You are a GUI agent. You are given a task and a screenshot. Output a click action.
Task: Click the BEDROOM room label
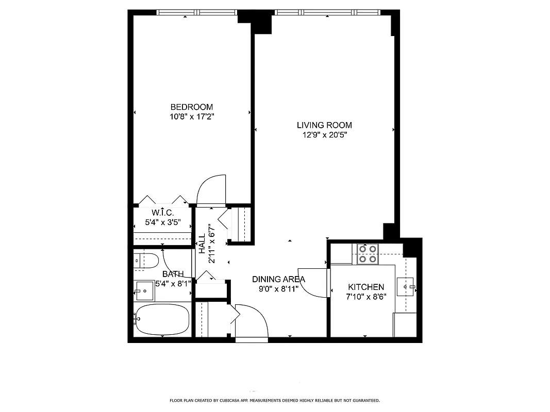pyautogui.click(x=191, y=107)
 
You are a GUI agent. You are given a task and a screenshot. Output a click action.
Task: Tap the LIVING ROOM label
pyautogui.click(x=324, y=125)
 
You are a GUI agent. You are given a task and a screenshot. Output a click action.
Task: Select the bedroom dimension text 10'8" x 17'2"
pyautogui.click(x=191, y=117)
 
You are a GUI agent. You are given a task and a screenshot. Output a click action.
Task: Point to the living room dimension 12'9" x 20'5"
pyautogui.click(x=324, y=135)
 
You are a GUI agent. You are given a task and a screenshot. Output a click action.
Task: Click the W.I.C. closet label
pyautogui.click(x=162, y=213)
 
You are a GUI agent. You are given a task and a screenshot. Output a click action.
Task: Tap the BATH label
pyautogui.click(x=173, y=274)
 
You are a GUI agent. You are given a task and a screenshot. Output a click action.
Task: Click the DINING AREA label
pyautogui.click(x=278, y=279)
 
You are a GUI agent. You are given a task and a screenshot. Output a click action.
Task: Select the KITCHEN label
pyautogui.click(x=366, y=287)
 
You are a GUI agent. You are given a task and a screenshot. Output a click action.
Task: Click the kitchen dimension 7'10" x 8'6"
pyautogui.click(x=366, y=296)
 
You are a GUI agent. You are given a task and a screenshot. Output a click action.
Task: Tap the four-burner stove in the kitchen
pyautogui.click(x=367, y=253)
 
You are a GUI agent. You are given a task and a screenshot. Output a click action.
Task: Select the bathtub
pyautogui.click(x=161, y=319)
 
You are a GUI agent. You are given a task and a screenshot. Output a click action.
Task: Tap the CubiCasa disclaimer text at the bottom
pyautogui.click(x=275, y=400)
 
